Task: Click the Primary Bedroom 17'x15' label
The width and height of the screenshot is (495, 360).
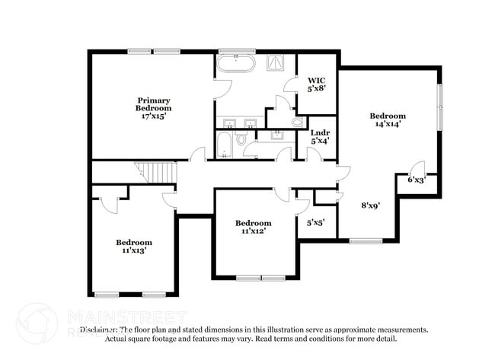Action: tap(154, 108)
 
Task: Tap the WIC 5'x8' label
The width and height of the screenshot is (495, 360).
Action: tap(317, 84)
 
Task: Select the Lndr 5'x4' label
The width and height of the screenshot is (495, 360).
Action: tap(320, 136)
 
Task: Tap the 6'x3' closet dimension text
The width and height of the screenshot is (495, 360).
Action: tap(417, 180)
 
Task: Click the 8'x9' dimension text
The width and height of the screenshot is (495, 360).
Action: tap(370, 205)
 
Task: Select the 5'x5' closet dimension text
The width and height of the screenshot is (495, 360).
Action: tap(315, 223)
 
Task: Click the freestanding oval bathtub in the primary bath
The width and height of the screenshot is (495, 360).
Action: tap(236, 63)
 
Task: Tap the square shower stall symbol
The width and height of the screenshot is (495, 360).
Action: tap(275, 63)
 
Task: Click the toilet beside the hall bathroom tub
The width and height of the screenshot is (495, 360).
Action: tap(241, 139)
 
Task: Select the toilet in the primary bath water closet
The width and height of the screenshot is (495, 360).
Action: tap(297, 122)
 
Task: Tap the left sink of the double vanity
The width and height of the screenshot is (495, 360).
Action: tap(228, 123)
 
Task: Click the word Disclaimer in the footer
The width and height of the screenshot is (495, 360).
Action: tap(97, 330)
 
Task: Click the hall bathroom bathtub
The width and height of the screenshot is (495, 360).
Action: tap(225, 145)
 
